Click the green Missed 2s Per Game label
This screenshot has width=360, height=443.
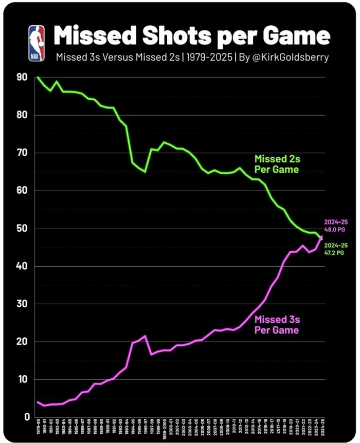276,164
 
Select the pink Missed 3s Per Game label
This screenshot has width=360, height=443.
276,325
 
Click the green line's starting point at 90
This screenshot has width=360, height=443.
38,77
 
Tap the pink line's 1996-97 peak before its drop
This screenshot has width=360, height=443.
145,336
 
